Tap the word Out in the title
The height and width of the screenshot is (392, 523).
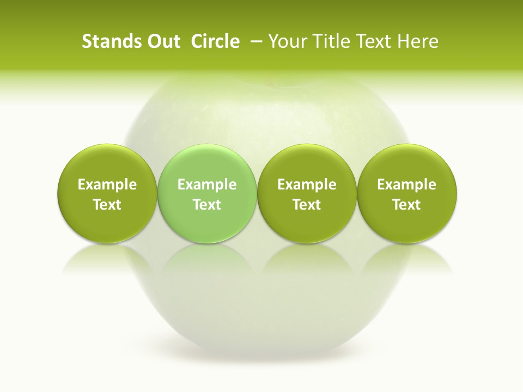coord(162,42)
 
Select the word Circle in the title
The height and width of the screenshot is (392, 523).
coord(215,42)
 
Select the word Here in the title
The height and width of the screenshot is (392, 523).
coord(418,42)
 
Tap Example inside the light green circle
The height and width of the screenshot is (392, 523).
coord(207,185)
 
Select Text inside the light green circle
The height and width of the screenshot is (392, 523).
coord(207,205)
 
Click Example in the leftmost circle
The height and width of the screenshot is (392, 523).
coord(107,185)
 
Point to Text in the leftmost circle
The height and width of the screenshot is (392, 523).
coord(107,205)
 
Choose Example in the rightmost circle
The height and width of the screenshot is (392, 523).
coord(406,185)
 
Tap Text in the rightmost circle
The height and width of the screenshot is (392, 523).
coord(406,205)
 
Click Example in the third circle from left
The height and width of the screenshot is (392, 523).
coord(307,185)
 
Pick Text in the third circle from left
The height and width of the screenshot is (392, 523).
coord(307,205)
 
